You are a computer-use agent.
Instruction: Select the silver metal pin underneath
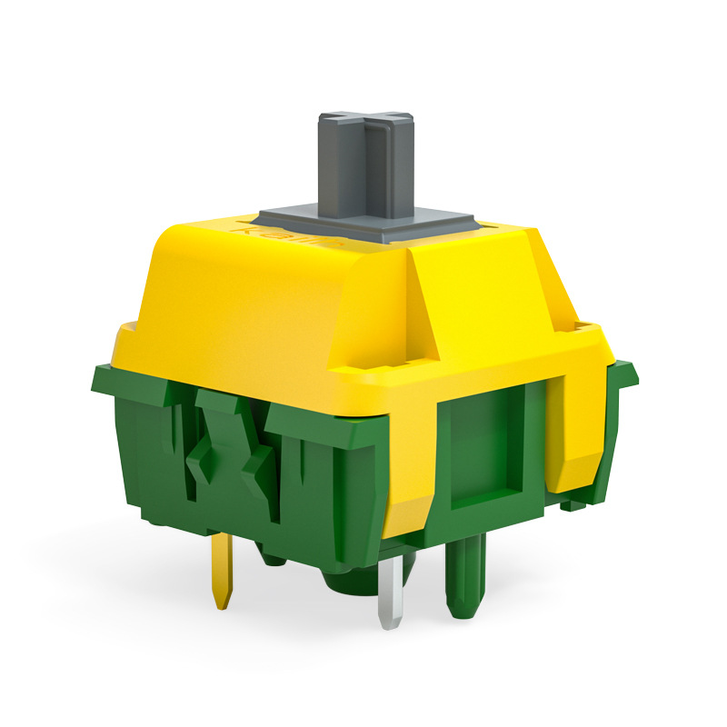390,591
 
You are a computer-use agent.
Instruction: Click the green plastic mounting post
464,573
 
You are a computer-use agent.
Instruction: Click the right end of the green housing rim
627,373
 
